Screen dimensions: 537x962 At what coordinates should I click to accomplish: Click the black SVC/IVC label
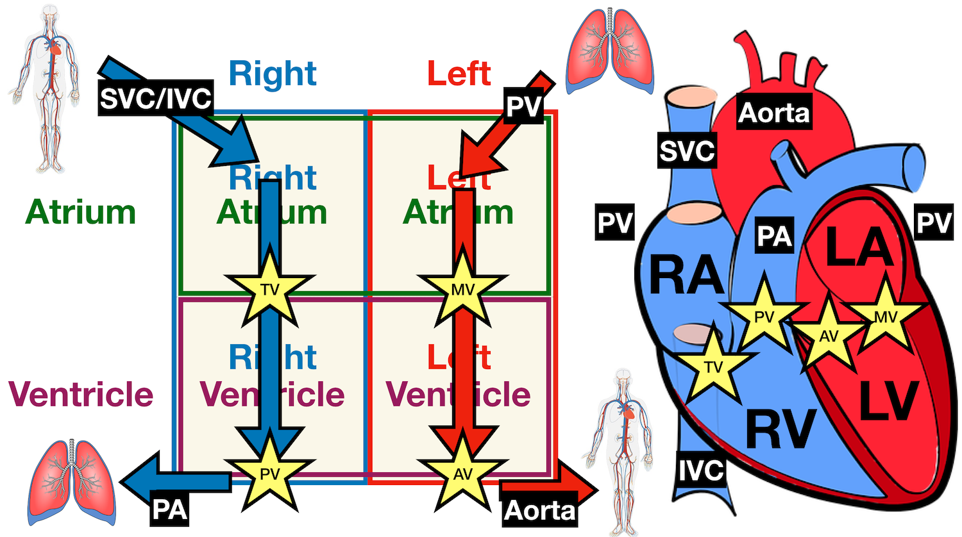click(x=156, y=98)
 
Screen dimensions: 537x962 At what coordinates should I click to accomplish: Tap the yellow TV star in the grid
click(x=270, y=290)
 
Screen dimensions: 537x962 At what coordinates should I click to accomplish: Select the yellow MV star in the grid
click(x=462, y=290)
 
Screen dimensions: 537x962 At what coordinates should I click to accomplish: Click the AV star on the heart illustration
click(x=829, y=336)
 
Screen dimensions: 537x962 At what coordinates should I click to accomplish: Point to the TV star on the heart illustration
click(x=713, y=367)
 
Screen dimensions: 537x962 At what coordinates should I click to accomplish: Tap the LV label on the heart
click(x=888, y=401)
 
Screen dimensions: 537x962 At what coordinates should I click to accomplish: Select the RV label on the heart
click(x=781, y=430)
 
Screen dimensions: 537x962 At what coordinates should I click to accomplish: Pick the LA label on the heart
click(x=859, y=247)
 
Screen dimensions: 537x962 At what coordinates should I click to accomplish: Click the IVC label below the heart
click(x=702, y=470)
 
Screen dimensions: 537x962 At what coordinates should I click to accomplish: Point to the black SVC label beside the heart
click(x=687, y=151)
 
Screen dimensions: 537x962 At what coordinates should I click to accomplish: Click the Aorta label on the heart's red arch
click(x=774, y=113)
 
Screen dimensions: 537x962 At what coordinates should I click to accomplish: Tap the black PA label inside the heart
click(x=774, y=236)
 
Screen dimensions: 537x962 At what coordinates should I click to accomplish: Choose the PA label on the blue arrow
click(x=169, y=509)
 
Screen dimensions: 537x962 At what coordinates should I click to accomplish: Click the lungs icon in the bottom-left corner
click(x=71, y=481)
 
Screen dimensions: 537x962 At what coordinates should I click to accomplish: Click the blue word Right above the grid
click(x=273, y=74)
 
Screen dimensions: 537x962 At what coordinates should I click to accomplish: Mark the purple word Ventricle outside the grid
click(x=81, y=393)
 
